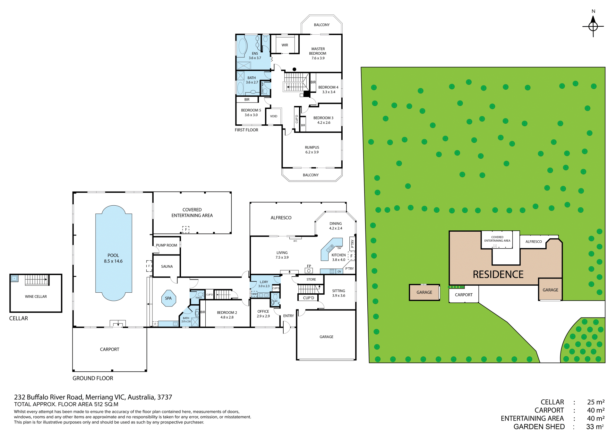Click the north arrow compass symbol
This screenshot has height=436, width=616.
(593, 26)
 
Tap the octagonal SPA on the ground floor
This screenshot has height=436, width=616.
(168, 298)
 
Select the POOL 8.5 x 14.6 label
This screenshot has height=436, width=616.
(113, 258)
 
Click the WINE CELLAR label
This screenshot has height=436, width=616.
(36, 297)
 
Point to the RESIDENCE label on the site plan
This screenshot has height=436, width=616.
(498, 274)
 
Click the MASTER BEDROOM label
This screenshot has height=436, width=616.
(318, 51)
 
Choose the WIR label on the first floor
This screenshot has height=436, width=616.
(285, 45)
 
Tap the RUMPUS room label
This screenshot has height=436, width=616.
(312, 147)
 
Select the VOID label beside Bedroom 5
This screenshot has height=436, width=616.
(274, 116)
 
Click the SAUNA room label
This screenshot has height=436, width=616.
(167, 266)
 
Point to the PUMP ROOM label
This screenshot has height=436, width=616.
(167, 245)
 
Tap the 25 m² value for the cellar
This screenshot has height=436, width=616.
(596, 402)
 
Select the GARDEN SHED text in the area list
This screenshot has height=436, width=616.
(539, 427)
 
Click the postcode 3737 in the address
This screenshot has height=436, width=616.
(165, 397)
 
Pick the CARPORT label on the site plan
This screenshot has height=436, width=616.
(464, 295)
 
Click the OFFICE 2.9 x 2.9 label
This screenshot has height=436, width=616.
(263, 314)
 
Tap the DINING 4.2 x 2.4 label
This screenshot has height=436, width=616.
(336, 226)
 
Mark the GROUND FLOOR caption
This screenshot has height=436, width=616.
(93, 378)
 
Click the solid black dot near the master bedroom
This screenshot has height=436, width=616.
(294, 69)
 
